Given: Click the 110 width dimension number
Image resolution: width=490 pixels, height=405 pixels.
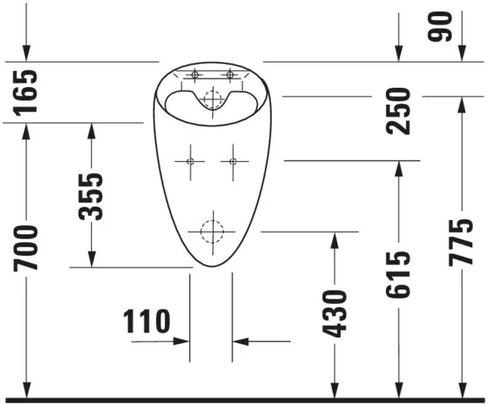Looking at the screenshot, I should click(x=147, y=321).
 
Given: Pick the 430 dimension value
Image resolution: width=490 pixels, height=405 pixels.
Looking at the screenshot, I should click(x=335, y=313).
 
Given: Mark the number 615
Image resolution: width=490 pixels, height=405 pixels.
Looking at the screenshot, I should click(x=398, y=273).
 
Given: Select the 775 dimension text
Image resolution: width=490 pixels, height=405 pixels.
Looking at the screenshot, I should click(x=461, y=243).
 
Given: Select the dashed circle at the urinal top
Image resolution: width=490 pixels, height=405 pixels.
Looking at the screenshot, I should click(x=211, y=98).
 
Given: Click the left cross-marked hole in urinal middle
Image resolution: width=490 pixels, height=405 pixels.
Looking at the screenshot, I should click(x=189, y=160).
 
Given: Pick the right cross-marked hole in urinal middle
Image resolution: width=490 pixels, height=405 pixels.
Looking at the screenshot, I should click(x=233, y=160).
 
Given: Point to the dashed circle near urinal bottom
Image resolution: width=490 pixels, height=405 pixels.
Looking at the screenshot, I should click(x=211, y=230).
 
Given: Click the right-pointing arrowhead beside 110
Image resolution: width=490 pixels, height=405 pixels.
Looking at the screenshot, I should click(x=182, y=342).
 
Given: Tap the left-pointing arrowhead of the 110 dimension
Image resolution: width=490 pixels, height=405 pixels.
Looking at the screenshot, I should click(x=240, y=342).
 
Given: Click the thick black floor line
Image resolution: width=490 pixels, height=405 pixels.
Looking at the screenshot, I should click(x=245, y=398).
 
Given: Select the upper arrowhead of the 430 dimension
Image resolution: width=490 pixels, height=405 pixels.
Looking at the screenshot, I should click(x=335, y=239).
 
